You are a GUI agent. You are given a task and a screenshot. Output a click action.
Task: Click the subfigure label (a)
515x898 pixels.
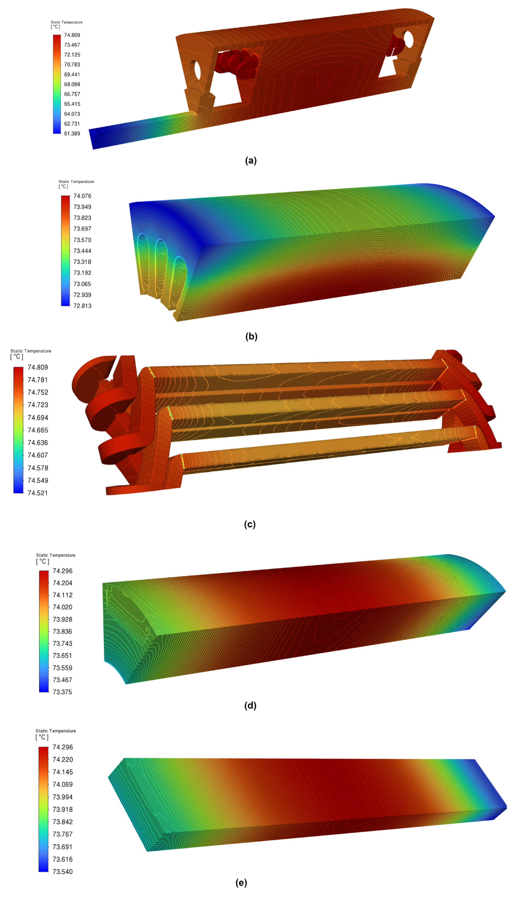tap(251, 161)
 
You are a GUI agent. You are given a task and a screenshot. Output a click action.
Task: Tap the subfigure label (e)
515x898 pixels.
tap(241, 883)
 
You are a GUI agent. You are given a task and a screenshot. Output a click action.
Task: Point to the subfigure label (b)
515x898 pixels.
tap(251, 336)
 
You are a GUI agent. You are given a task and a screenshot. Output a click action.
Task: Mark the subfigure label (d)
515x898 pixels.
tap(250, 705)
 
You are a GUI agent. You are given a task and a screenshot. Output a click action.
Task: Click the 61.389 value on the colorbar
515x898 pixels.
tap(72, 133)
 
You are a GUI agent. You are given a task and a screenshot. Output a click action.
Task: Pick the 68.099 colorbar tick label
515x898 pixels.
tap(72, 84)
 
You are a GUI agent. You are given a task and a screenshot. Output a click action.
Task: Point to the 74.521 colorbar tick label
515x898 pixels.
tap(38, 493)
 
